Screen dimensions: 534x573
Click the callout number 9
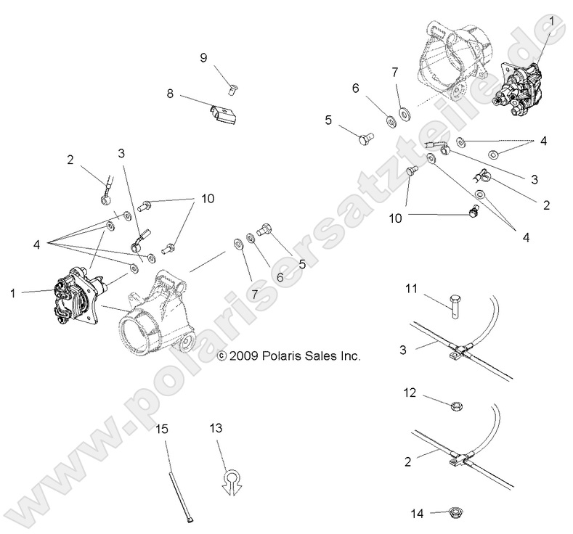tap(204, 58)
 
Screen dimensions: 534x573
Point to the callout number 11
tap(410, 289)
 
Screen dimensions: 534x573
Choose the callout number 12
tap(410, 393)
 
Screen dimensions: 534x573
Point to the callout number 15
tap(162, 429)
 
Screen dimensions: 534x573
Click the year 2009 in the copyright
tap(245, 356)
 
